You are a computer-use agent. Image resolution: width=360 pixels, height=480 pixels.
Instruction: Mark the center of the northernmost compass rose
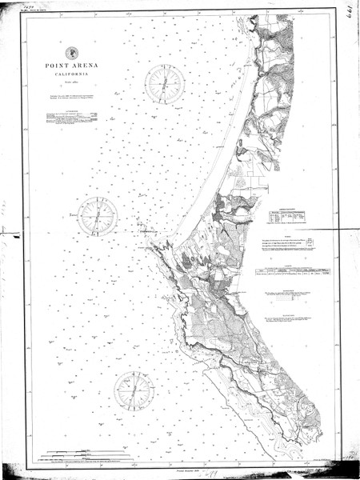tap(164, 84)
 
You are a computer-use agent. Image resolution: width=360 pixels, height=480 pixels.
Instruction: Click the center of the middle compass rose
tap(98, 214)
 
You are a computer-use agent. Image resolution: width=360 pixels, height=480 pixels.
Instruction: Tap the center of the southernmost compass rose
tap(134, 390)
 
